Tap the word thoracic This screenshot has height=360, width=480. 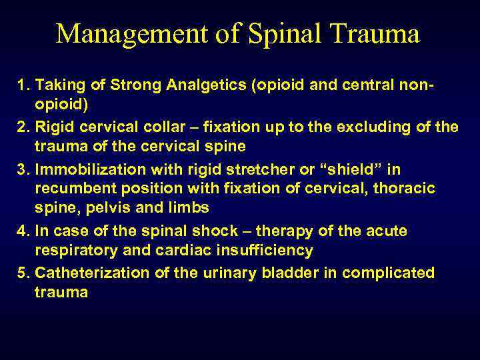[x=408, y=189]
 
